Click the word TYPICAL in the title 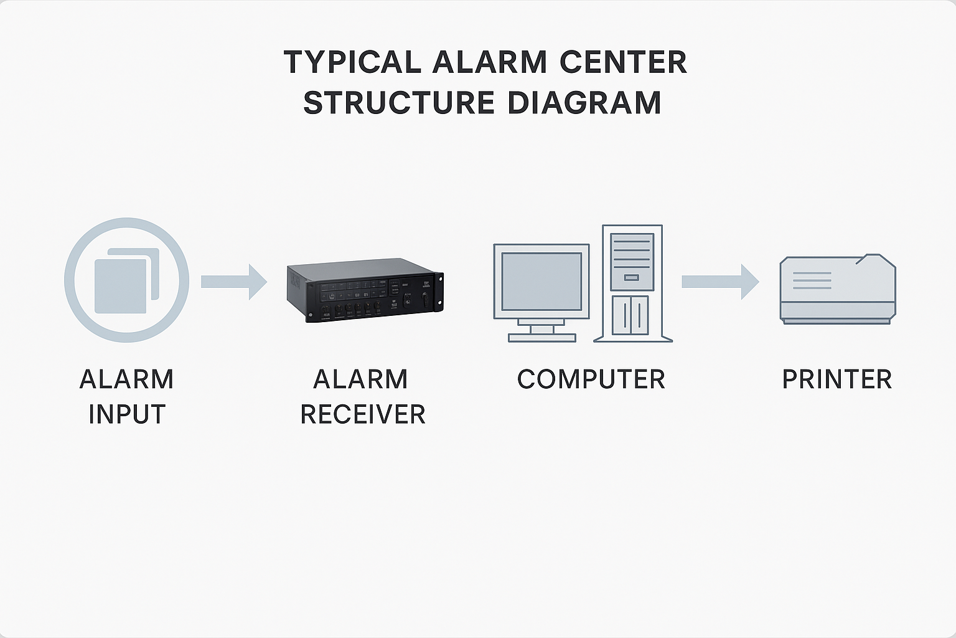(x=352, y=62)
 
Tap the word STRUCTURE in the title (x=398, y=103)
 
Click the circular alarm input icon (x=126, y=280)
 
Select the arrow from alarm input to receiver (x=233, y=282)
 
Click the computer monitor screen (x=541, y=282)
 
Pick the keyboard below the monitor (x=541, y=338)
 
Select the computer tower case (x=632, y=283)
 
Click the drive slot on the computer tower (x=632, y=277)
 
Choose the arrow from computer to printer (x=719, y=282)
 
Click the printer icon (x=837, y=289)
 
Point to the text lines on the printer (x=812, y=280)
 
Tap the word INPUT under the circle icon (x=126, y=414)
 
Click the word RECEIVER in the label (x=362, y=414)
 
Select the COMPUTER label (x=591, y=379)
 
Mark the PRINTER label (x=836, y=379)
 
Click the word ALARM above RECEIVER (x=360, y=379)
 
